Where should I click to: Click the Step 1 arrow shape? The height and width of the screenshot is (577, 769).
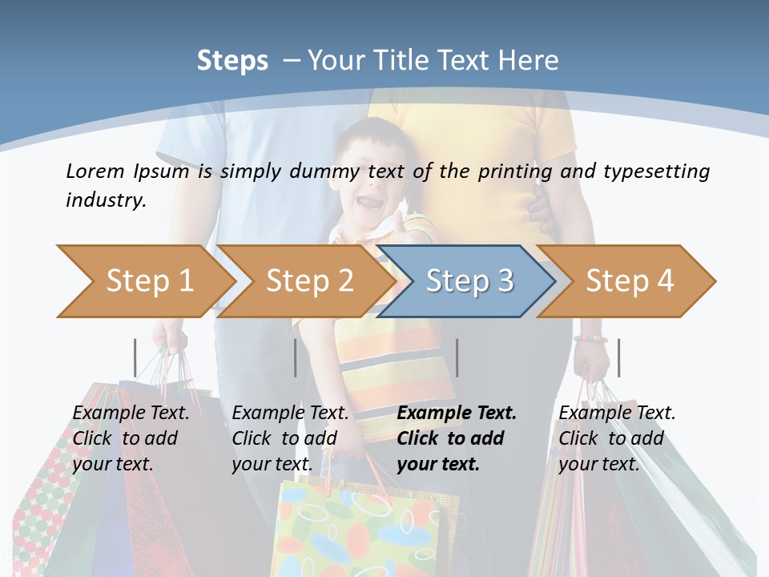(148, 281)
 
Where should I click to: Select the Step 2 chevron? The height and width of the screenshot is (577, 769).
(308, 281)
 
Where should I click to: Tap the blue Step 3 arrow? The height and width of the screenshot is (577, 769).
(469, 281)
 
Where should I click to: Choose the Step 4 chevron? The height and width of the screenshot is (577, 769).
(629, 281)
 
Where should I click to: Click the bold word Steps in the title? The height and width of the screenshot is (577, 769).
(232, 61)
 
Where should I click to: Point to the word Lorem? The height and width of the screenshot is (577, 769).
(95, 171)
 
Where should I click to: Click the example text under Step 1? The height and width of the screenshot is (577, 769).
(131, 438)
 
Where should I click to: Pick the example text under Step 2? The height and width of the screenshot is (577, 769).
(290, 438)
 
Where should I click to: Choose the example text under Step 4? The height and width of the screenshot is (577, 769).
(617, 438)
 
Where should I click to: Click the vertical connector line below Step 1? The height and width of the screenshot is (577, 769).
(135, 358)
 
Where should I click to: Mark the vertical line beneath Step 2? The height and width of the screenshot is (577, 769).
(296, 358)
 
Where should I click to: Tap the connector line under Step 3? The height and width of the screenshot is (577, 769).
(457, 358)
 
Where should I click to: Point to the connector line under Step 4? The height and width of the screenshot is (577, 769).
(618, 358)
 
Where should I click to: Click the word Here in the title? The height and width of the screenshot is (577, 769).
(528, 61)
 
